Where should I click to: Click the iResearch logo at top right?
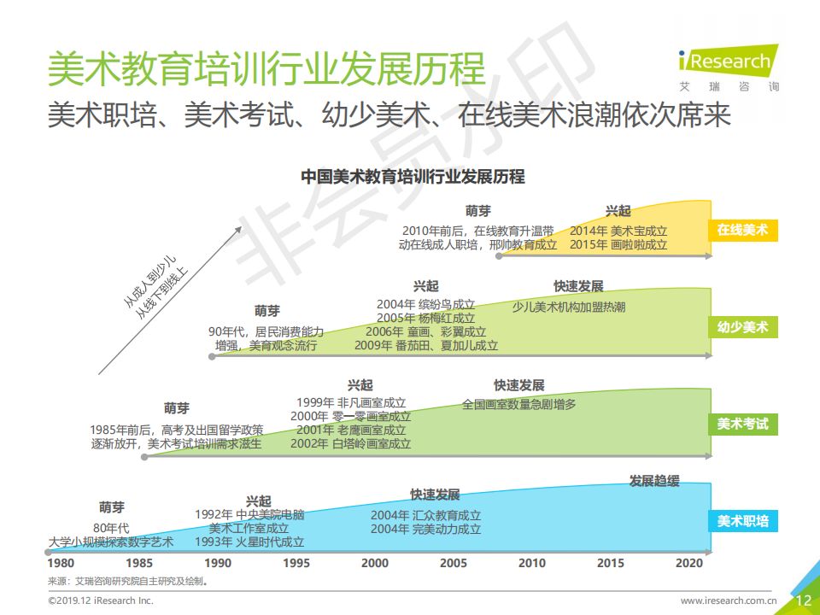[x=728, y=67]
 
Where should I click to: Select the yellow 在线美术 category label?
[x=741, y=230]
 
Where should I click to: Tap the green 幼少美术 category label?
[x=741, y=327]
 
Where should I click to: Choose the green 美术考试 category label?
[x=741, y=424]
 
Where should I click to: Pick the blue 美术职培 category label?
[x=741, y=521]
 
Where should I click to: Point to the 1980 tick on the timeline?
[x=60, y=563]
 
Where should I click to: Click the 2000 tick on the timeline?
[x=374, y=563]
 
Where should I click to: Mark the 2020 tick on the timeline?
[x=688, y=563]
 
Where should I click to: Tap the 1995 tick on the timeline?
[x=296, y=563]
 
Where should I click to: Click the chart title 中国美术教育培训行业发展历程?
[x=413, y=178]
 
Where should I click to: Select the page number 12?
[x=803, y=600]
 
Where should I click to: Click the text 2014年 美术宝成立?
[x=618, y=231]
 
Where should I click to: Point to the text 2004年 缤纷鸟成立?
[x=425, y=304]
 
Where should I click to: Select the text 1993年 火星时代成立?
[x=249, y=542]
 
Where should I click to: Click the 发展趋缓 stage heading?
[x=654, y=481]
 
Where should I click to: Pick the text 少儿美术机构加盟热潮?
[x=569, y=307]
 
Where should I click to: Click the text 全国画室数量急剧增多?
[x=518, y=404]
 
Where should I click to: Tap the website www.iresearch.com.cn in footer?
[x=728, y=601]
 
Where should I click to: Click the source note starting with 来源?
[x=128, y=581]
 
